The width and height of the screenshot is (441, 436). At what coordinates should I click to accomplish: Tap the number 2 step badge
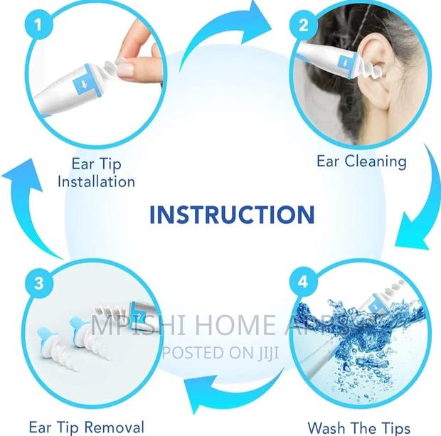tap(304, 26)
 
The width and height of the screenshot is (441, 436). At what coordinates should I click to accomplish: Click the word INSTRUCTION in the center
tap(232, 214)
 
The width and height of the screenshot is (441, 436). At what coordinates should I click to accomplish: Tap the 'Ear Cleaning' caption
tap(361, 161)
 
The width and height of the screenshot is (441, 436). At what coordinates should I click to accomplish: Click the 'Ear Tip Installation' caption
tap(96, 171)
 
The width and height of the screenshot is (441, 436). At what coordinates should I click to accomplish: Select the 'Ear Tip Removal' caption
tap(86, 427)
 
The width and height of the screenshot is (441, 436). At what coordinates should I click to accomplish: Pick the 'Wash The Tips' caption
tap(358, 427)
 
